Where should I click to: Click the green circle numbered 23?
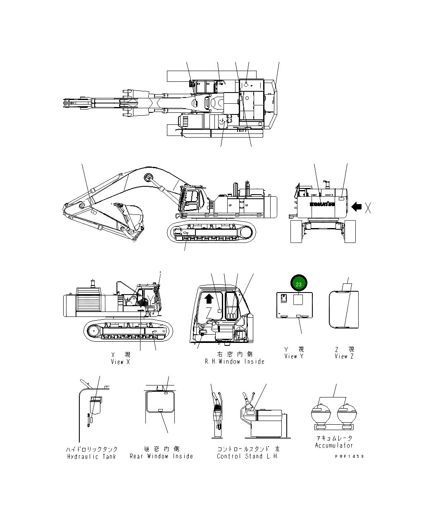pos(299,284)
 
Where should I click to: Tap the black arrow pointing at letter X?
pos(356,206)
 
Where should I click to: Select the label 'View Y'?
pos(294,356)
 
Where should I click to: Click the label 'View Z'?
pos(344,356)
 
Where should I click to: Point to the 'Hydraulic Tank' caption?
pos(92,457)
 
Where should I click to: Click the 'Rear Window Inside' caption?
pos(161,456)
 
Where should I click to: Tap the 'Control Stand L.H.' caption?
pos(247,456)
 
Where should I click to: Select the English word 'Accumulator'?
pos(334,445)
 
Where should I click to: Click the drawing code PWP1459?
pos(350,456)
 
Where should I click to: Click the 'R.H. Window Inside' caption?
pos(234,362)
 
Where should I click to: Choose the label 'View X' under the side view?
pos(120,362)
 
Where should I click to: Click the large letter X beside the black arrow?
pos(368,208)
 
